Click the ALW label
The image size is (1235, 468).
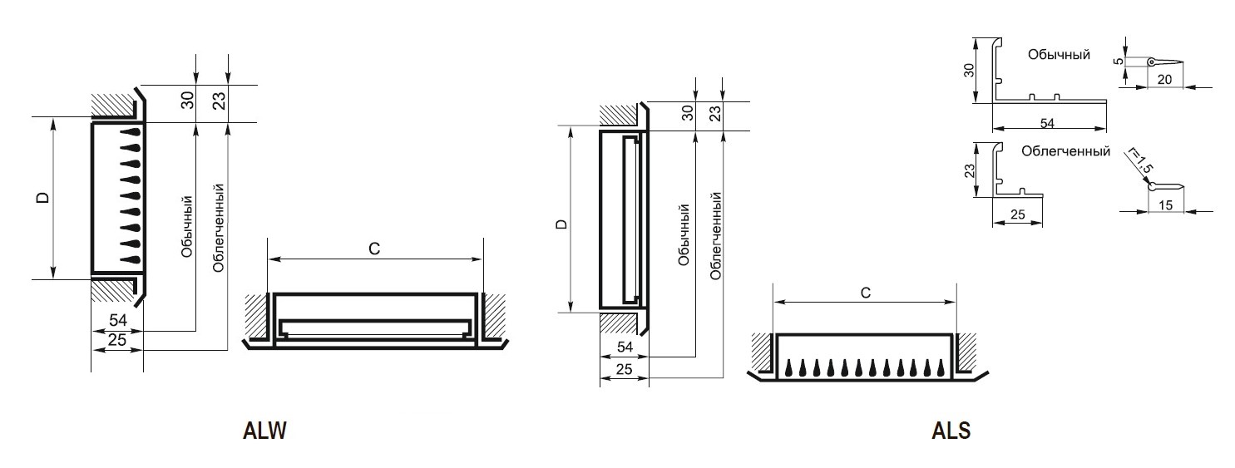pyautogui.click(x=264, y=431)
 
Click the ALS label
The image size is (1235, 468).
pyautogui.click(x=951, y=431)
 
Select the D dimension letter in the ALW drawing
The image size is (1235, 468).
pyautogui.click(x=43, y=197)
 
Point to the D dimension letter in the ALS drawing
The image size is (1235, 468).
pyautogui.click(x=561, y=224)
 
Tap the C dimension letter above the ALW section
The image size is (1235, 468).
pyautogui.click(x=374, y=249)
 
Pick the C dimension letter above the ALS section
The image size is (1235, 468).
pyautogui.click(x=866, y=293)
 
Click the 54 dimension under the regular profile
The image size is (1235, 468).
pyautogui.click(x=1047, y=124)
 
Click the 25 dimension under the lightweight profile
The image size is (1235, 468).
pyautogui.click(x=1018, y=214)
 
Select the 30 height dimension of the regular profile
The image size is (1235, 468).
pyautogui.click(x=969, y=70)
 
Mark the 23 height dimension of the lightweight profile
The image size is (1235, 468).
pyautogui.click(x=969, y=170)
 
